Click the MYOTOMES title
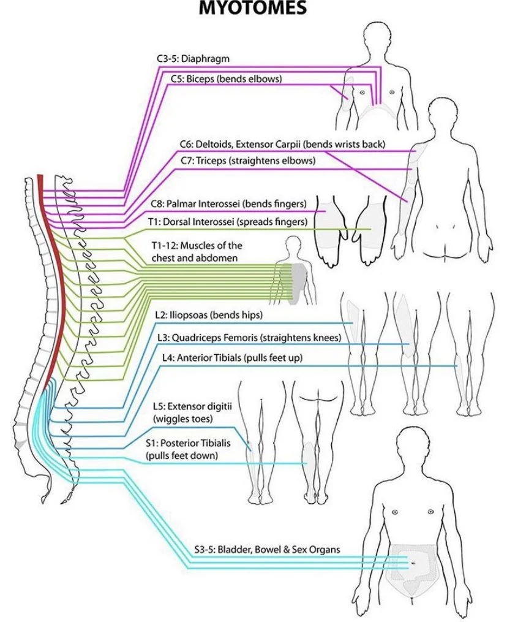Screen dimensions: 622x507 coord(252,9)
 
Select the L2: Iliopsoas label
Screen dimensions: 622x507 coord(209,315)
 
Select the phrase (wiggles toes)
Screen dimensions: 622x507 coord(182,419)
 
